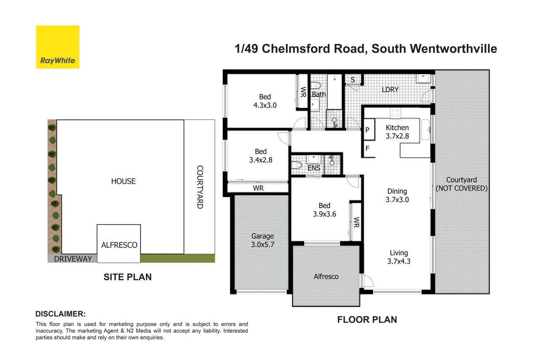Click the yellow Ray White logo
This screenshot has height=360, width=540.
58,47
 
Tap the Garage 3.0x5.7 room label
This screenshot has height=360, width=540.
262,240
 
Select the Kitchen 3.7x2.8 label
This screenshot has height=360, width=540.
397,132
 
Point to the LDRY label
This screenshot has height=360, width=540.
390,90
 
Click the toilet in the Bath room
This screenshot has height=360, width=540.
315,86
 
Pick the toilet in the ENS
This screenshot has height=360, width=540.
296,165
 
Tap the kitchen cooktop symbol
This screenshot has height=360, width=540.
395,113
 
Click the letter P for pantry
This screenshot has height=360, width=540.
367,130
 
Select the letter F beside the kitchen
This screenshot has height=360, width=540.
367,148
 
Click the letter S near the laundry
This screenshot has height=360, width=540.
353,79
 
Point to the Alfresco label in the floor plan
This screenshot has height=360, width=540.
326,276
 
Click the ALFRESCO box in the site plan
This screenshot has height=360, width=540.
119,244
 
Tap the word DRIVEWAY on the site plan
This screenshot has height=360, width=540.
73,259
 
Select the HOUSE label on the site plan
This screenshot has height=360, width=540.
123,181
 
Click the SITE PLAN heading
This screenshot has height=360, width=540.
127,277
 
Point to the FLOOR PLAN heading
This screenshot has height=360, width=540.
367,320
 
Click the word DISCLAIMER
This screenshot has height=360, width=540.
61,314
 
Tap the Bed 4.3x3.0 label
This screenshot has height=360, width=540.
265,101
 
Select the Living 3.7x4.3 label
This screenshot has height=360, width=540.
399,257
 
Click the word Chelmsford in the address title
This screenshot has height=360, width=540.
313,49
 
